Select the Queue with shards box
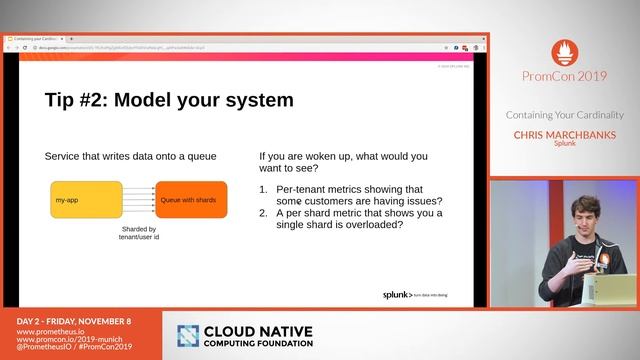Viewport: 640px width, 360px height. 191,201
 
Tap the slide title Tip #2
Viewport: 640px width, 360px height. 169,100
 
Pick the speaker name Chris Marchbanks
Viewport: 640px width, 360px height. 565,133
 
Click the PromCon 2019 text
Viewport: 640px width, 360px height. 565,76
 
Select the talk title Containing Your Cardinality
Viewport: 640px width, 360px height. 565,114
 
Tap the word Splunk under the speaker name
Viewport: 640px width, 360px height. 565,143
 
